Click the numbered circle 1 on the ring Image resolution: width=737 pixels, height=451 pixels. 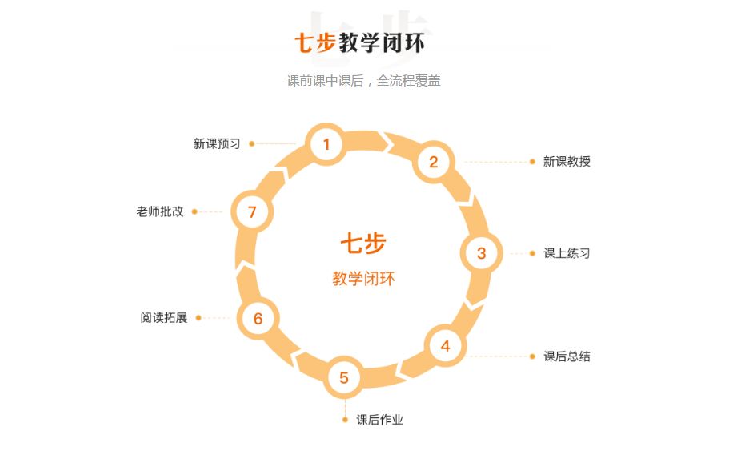[x=326, y=144]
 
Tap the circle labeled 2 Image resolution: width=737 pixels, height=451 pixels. [x=434, y=162]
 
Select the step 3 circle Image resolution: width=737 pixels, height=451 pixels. [x=481, y=253]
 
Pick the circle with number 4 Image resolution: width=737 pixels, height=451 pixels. [x=445, y=346]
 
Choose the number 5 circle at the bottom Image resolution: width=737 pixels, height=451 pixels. [x=344, y=377]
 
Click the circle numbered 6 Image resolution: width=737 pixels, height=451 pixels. [x=258, y=318]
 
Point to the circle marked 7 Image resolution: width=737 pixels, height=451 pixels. [x=252, y=212]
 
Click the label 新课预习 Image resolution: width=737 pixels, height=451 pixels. [x=217, y=143]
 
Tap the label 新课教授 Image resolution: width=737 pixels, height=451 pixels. [x=567, y=161]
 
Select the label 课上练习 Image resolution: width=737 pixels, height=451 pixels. [x=567, y=253]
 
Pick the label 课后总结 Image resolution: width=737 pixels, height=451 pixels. [x=567, y=356]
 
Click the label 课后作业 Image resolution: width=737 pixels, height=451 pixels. [x=379, y=420]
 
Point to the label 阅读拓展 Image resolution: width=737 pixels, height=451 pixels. [x=163, y=317]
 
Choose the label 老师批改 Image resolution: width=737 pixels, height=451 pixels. [x=160, y=211]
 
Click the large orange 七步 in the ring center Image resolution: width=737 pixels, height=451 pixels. [x=363, y=244]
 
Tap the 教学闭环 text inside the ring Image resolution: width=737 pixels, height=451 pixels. [x=363, y=279]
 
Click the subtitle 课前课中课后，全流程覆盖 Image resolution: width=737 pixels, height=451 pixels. [x=363, y=80]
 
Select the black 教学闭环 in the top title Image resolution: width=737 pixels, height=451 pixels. [x=382, y=42]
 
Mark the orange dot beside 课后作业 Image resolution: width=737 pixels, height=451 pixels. [x=345, y=420]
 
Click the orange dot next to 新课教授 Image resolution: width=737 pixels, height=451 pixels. [x=532, y=161]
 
